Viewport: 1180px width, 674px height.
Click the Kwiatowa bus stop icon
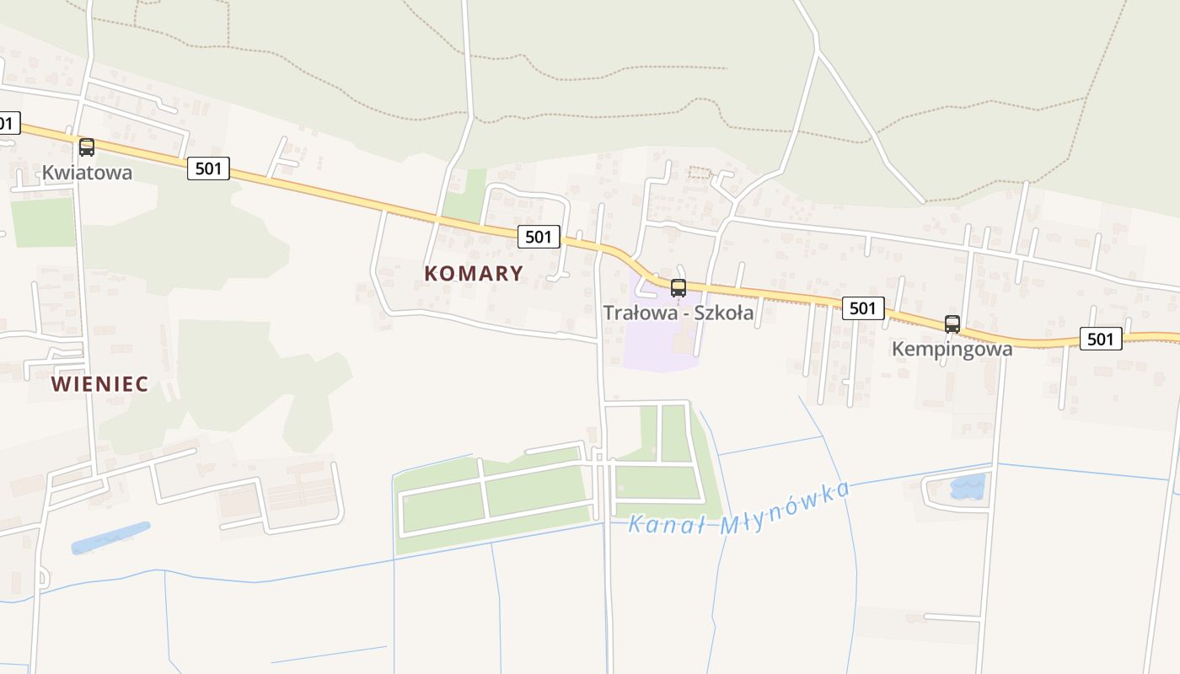pos(86,147)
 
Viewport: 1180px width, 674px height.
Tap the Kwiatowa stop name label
pos(88,173)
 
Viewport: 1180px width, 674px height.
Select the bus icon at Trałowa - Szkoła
pos(678,288)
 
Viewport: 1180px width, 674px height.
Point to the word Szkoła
pos(723,313)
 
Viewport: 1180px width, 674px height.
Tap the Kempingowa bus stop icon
pos(952,324)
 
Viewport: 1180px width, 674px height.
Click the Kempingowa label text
pos(952,348)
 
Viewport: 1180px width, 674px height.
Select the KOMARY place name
pos(474,273)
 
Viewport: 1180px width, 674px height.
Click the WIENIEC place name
pos(99,384)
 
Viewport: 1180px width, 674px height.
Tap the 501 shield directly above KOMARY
pos(538,237)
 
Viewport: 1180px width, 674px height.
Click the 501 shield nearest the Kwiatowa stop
pos(207,168)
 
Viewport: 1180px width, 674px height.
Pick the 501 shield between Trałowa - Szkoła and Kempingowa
pos(862,308)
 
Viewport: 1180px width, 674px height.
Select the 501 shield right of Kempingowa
pos(1100,339)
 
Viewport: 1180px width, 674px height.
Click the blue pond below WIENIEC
pos(110,538)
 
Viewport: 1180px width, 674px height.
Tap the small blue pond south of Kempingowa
pos(967,486)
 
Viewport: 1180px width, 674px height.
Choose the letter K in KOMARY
pos(432,273)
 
